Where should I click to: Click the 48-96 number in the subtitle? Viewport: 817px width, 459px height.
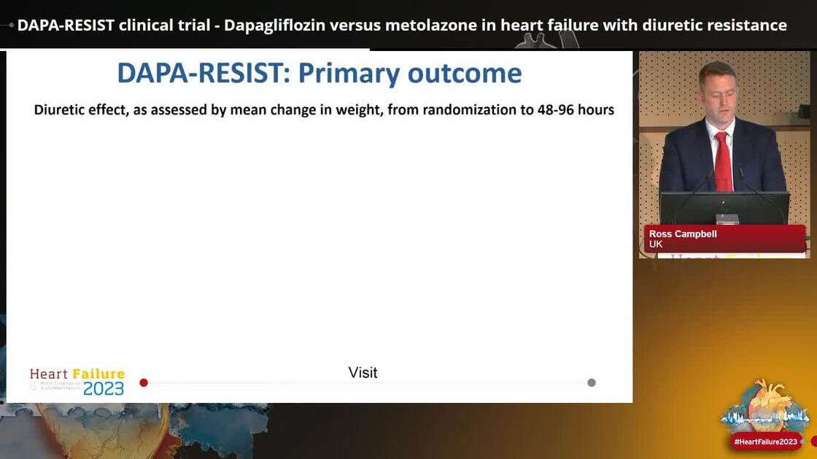[x=551, y=110]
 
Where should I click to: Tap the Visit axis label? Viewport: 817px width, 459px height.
[x=363, y=373]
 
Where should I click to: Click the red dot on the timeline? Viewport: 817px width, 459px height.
[x=144, y=382]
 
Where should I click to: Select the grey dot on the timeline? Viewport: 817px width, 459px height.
[x=592, y=382]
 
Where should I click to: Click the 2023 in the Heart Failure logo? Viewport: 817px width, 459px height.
[x=103, y=388]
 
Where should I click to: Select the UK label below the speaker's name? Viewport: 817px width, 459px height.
[x=656, y=244]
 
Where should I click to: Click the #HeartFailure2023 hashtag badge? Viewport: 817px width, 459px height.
[x=765, y=442]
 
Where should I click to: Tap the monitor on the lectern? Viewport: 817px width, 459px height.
[x=724, y=207]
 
